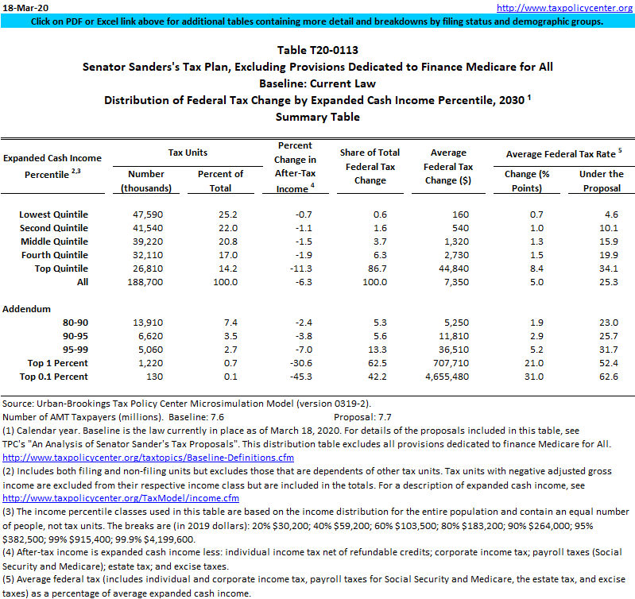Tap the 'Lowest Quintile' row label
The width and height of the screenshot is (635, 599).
53,214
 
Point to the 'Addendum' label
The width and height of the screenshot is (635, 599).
28,308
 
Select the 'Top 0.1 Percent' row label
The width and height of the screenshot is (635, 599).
53,376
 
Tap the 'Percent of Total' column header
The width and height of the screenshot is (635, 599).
220,181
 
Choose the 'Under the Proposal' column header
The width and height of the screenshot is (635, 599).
601,181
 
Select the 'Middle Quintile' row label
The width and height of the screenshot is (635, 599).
53,242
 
